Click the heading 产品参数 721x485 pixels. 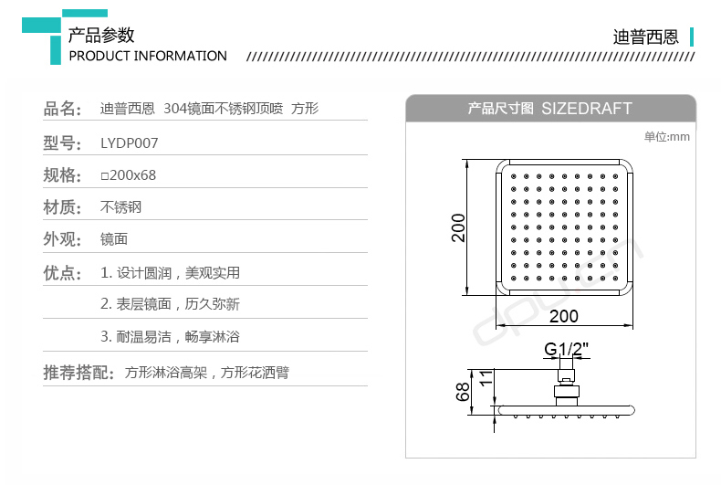pyautogui.click(x=101, y=35)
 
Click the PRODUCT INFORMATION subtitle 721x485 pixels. pyautogui.click(x=148, y=56)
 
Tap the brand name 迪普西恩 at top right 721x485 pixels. pyautogui.click(x=645, y=37)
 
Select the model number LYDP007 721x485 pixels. pyautogui.click(x=129, y=142)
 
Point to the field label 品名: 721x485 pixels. pyautogui.click(x=63, y=110)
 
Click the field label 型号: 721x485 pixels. pyautogui.click(x=63, y=142)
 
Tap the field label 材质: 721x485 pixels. pyautogui.click(x=63, y=207)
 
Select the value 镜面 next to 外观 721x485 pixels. pyautogui.click(x=113, y=239)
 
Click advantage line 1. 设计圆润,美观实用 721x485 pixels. pyautogui.click(x=170, y=272)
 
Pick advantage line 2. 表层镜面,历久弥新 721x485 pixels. pyautogui.click(x=170, y=304)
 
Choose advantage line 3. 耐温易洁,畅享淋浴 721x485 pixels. pyautogui.click(x=170, y=336)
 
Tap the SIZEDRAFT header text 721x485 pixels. pyautogui.click(x=586, y=108)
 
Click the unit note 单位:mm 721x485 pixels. pyautogui.click(x=666, y=137)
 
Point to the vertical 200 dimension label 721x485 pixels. pyautogui.click(x=459, y=227)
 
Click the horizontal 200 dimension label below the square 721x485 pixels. pyautogui.click(x=564, y=316)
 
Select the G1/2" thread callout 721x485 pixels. pyautogui.click(x=566, y=349)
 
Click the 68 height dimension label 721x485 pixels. pyautogui.click(x=463, y=393)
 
